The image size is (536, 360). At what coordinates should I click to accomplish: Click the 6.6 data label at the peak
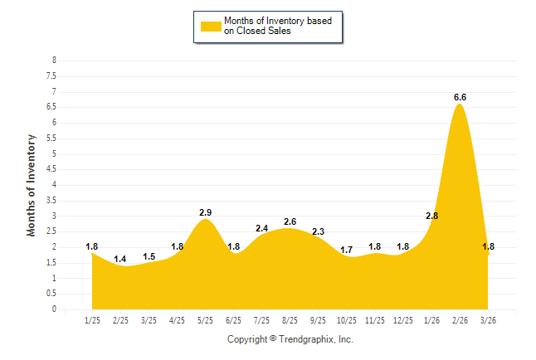coord(460,97)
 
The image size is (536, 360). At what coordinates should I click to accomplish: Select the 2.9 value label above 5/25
coord(207,213)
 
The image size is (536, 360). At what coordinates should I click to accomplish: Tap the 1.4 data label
coord(120,260)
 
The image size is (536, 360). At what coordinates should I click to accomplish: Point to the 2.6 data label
coord(290,222)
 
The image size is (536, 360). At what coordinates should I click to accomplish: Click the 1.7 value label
coord(346,250)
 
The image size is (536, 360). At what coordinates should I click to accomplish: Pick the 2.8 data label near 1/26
coord(431,216)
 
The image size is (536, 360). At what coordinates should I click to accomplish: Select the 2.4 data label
coord(261,228)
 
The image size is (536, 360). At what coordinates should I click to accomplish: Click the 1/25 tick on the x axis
coord(92,319)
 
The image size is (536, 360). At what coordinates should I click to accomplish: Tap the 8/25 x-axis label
coord(290,319)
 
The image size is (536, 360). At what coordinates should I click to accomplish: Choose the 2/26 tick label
coord(460,319)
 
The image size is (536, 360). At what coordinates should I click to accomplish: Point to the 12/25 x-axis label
coord(403,319)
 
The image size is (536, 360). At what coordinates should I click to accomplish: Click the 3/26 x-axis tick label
coord(488,319)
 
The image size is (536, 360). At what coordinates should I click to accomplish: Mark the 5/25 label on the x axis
coord(205,319)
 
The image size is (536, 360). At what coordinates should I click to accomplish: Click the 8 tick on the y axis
coord(54,61)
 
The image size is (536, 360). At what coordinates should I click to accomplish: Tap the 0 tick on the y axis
coord(54,309)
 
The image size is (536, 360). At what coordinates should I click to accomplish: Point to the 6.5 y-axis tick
coord(51,107)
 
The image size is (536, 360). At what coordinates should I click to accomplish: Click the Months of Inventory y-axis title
coord(32,185)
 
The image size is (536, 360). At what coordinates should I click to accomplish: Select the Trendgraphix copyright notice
coord(290,339)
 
